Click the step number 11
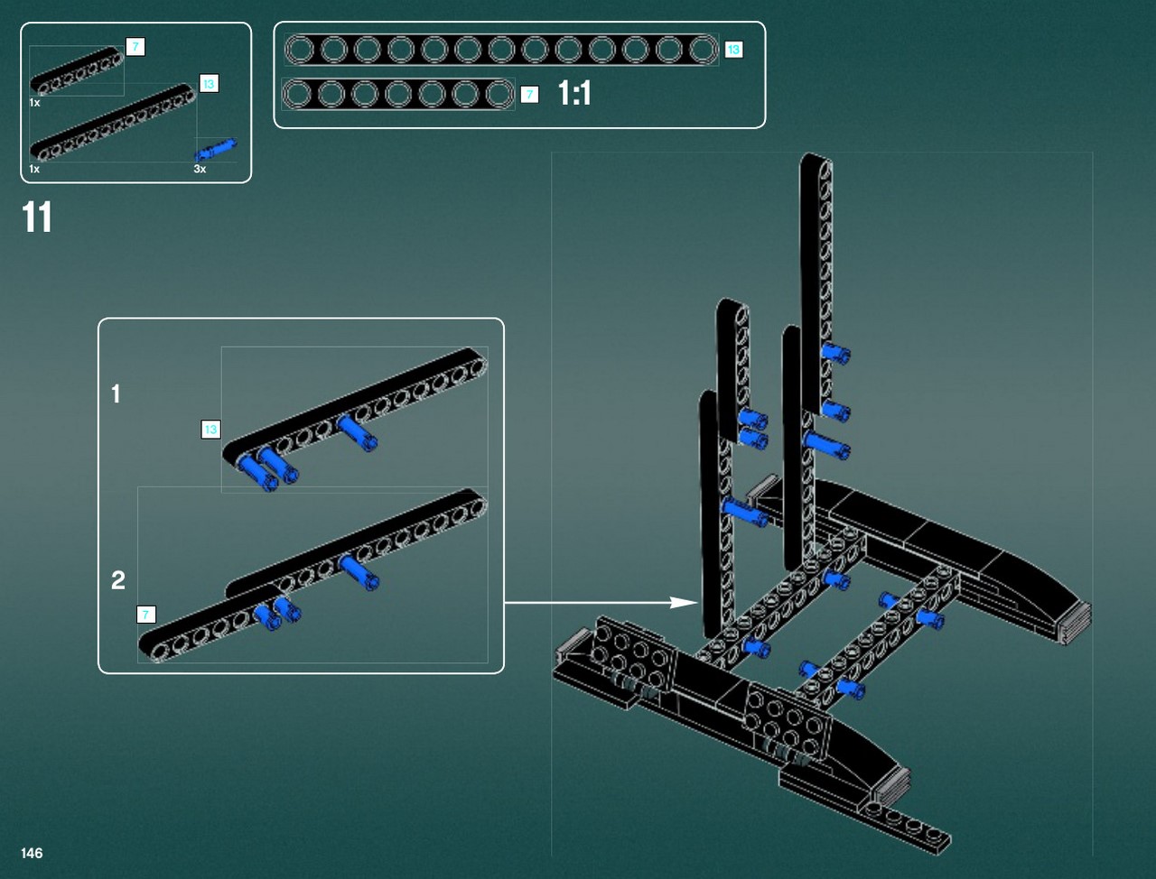pyautogui.click(x=37, y=217)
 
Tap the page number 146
pyautogui.click(x=32, y=853)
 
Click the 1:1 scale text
pyautogui.click(x=574, y=94)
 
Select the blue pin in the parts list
pyautogui.click(x=216, y=150)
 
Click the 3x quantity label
pyautogui.click(x=200, y=169)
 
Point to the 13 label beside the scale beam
pyautogui.click(x=733, y=50)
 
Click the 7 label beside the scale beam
pyautogui.click(x=529, y=95)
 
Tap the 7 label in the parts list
pyautogui.click(x=135, y=47)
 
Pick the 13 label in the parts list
pyautogui.click(x=210, y=84)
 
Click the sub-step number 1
pyautogui.click(x=117, y=393)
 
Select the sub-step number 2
pyautogui.click(x=118, y=580)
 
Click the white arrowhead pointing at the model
pyautogui.click(x=685, y=602)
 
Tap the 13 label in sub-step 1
pyautogui.click(x=210, y=430)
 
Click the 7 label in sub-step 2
pyautogui.click(x=146, y=615)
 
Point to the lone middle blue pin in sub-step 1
pyautogui.click(x=358, y=432)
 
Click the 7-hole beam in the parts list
pyautogui.click(x=77, y=71)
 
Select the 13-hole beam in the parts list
pyautogui.click(x=113, y=122)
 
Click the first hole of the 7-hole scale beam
pyautogui.click(x=299, y=94)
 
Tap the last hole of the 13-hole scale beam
pyautogui.click(x=703, y=50)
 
